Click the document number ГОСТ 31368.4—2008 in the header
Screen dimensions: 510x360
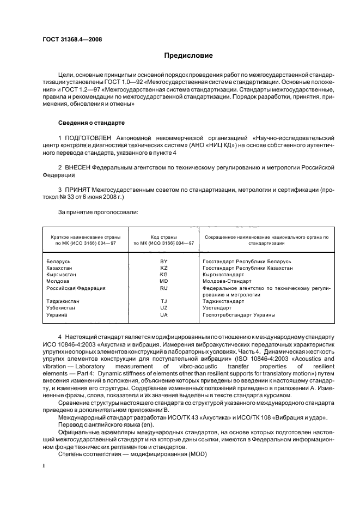click(x=72, y=39)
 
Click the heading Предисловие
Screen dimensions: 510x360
click(x=189, y=56)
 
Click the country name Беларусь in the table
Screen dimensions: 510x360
click(x=59, y=262)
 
